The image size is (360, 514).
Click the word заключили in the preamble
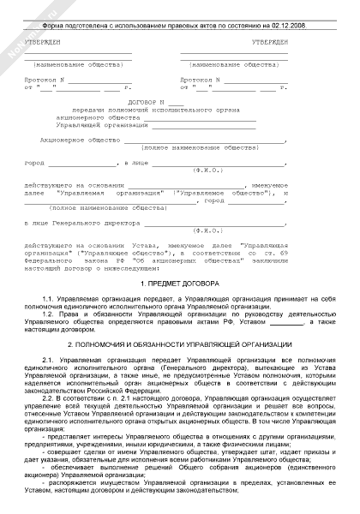pos(316,262)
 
